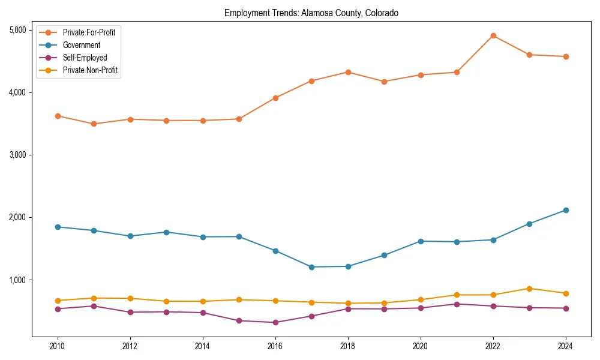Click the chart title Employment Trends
click(311, 13)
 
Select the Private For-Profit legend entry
click(89, 32)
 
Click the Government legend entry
click(81, 45)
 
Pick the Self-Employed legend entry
click(85, 58)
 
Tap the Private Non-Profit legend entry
click(90, 71)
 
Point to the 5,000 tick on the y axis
click(17, 30)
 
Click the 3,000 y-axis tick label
click(17, 155)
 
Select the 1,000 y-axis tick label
click(17, 280)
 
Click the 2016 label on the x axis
click(275, 346)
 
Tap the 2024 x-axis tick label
click(566, 346)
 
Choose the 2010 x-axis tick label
click(58, 346)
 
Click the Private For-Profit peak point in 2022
click(493, 35)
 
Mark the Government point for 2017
click(311, 267)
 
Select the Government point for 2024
click(566, 210)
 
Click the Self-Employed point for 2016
click(275, 322)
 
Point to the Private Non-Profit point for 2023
click(529, 289)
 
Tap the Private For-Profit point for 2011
click(94, 124)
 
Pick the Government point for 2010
click(58, 227)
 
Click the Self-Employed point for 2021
click(457, 304)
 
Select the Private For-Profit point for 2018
click(348, 72)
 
